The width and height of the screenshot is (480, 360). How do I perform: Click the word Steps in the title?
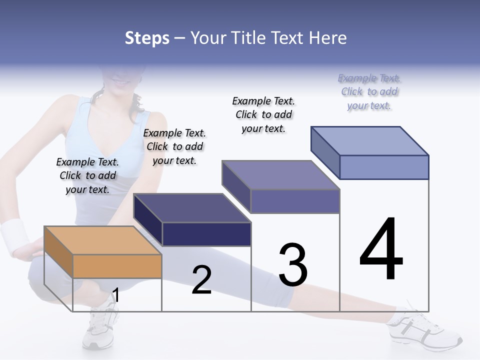point(147,38)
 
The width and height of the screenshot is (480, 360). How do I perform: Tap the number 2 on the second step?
point(201,280)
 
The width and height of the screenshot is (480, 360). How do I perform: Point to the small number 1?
point(115,295)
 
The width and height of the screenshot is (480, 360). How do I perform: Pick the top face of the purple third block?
point(280,175)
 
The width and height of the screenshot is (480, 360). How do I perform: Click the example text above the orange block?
point(87,175)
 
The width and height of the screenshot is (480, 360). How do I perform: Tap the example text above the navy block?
point(174,146)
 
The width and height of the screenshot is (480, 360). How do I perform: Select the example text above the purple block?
point(263,114)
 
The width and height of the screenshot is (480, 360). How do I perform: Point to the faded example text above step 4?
point(369,91)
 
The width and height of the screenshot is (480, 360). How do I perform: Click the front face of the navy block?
point(206,234)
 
